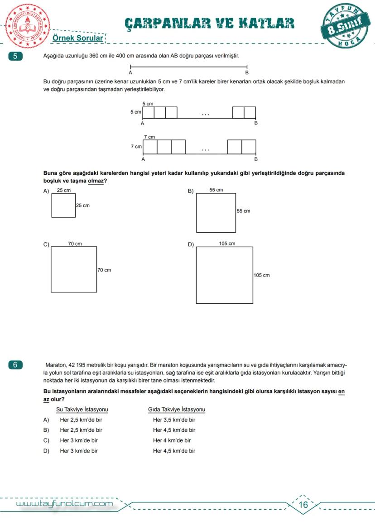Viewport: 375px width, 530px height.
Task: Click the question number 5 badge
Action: [15, 57]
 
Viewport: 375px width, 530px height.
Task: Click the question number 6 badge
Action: [15, 365]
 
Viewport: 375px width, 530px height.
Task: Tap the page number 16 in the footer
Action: [303, 505]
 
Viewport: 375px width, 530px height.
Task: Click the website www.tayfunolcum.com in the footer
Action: [65, 504]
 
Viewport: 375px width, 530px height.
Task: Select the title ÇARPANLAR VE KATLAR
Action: [209, 24]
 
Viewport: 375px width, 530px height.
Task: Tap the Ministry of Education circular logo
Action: [27, 25]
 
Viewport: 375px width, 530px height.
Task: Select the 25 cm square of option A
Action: [63, 205]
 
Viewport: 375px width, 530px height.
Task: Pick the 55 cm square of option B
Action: [216, 213]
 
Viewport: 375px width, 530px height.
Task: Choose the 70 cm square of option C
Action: [74, 269]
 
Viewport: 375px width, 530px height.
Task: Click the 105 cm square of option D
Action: [224, 275]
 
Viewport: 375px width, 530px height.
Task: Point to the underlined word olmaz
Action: [96, 181]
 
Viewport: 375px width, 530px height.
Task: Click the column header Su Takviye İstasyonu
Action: [82, 410]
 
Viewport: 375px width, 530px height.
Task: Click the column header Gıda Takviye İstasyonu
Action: [177, 410]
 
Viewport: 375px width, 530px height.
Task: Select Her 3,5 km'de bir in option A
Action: [174, 420]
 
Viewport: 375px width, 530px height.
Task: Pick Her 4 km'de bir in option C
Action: [172, 440]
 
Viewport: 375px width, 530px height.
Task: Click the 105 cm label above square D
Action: [227, 244]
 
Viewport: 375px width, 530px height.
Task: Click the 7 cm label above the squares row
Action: [149, 137]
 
